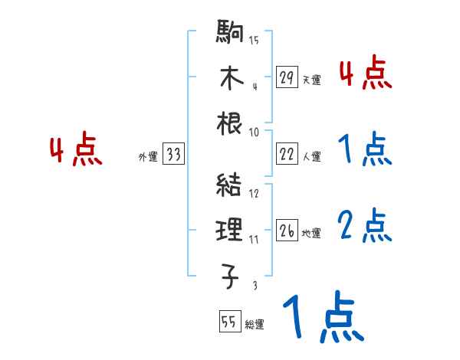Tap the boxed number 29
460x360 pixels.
[287, 77]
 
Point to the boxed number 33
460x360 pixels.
[173, 155]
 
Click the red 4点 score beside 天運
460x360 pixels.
[365, 74]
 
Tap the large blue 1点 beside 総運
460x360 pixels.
[322, 318]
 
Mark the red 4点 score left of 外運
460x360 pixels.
[76, 151]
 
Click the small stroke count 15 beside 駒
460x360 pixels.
[254, 41]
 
